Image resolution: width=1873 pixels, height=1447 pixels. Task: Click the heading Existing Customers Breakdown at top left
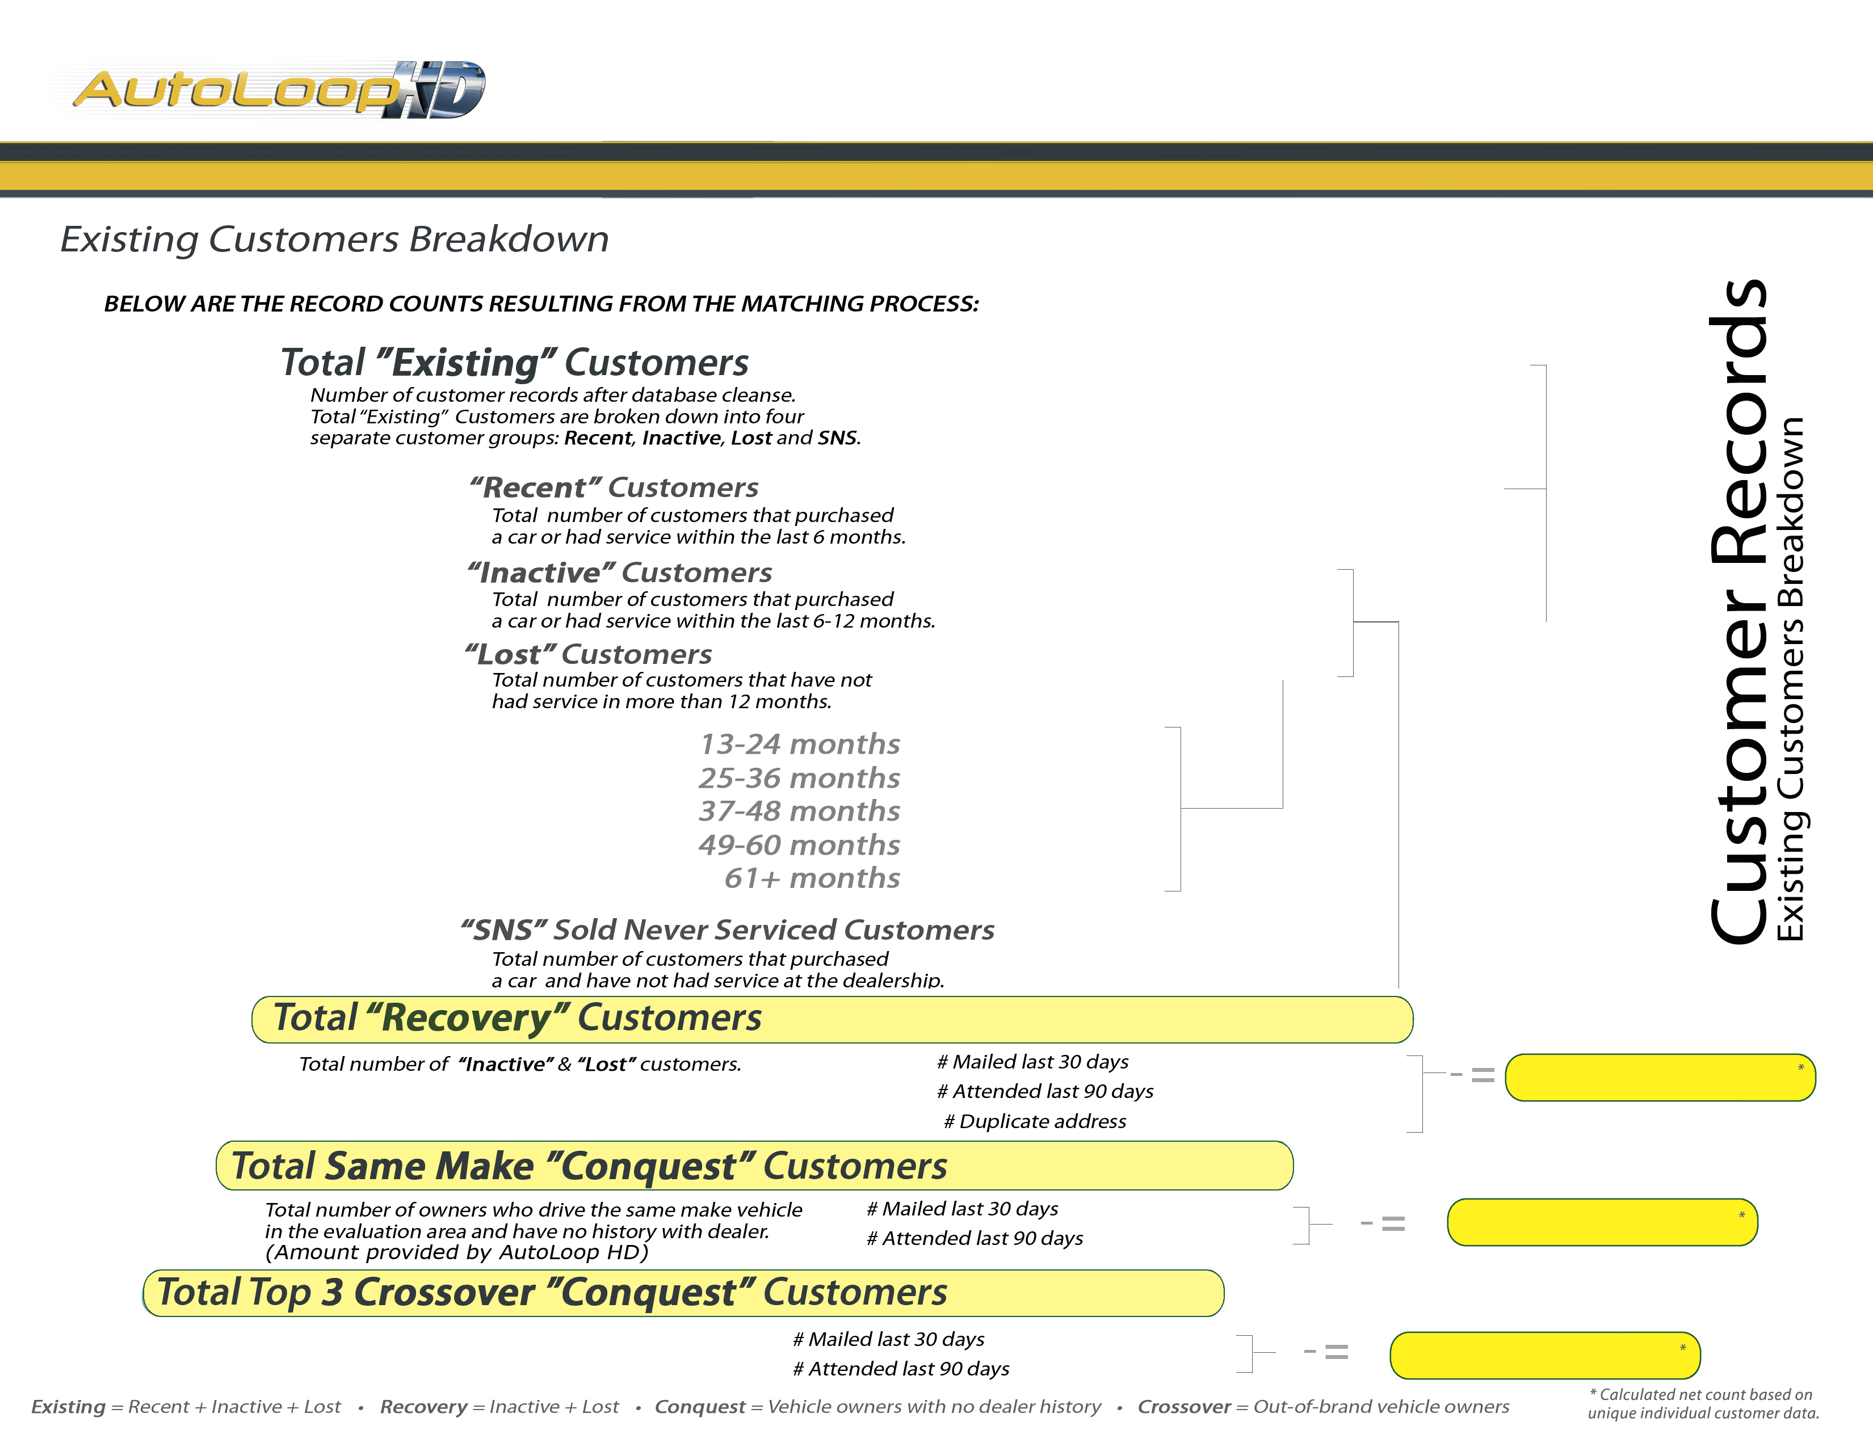(x=334, y=239)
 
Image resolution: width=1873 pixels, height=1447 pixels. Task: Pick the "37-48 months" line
(x=799, y=811)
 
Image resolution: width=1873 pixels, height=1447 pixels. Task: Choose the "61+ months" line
(x=812, y=878)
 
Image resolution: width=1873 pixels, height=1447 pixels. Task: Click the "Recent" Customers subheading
(x=614, y=488)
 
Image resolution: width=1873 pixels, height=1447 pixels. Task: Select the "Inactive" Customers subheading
(x=619, y=572)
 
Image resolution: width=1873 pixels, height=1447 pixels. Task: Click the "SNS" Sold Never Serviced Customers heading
(x=727, y=930)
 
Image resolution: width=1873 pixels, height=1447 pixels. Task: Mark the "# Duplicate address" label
(x=1035, y=1121)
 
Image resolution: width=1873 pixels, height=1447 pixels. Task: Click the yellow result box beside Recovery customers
(x=1660, y=1078)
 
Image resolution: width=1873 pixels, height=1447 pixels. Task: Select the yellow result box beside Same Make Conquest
(x=1602, y=1222)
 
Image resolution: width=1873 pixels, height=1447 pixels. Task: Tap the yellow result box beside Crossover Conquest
(x=1544, y=1355)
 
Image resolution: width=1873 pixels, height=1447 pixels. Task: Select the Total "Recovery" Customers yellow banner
(x=832, y=1019)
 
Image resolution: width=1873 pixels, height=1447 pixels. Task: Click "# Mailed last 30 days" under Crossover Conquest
(x=888, y=1339)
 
